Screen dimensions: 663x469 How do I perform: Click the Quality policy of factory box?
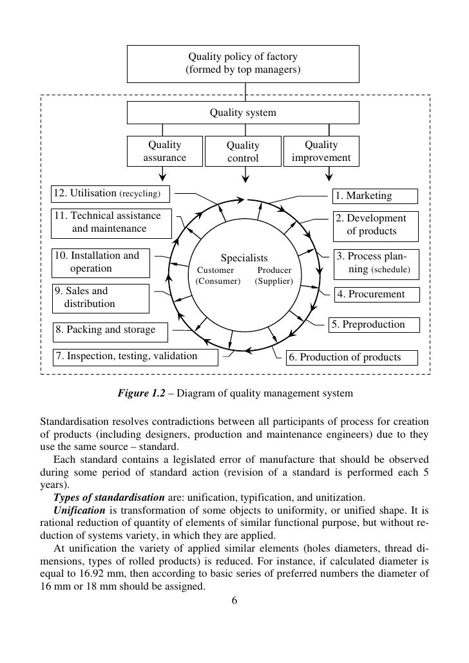coord(242,62)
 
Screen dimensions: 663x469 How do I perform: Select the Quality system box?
coord(242,113)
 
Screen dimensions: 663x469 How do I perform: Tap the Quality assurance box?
coord(164,151)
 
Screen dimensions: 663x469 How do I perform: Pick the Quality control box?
coord(243,152)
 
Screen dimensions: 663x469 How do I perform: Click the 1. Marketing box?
coord(375,196)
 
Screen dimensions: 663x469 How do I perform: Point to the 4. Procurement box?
coord(377,295)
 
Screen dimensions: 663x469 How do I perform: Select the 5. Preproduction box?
coord(374,324)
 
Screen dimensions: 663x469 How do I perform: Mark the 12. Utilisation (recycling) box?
coord(111,193)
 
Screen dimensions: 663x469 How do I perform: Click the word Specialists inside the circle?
coord(244,258)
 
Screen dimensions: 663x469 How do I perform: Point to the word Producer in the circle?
coord(274,270)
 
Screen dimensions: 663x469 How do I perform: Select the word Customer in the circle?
coord(215,270)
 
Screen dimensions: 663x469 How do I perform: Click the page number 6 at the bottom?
coord(235,601)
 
